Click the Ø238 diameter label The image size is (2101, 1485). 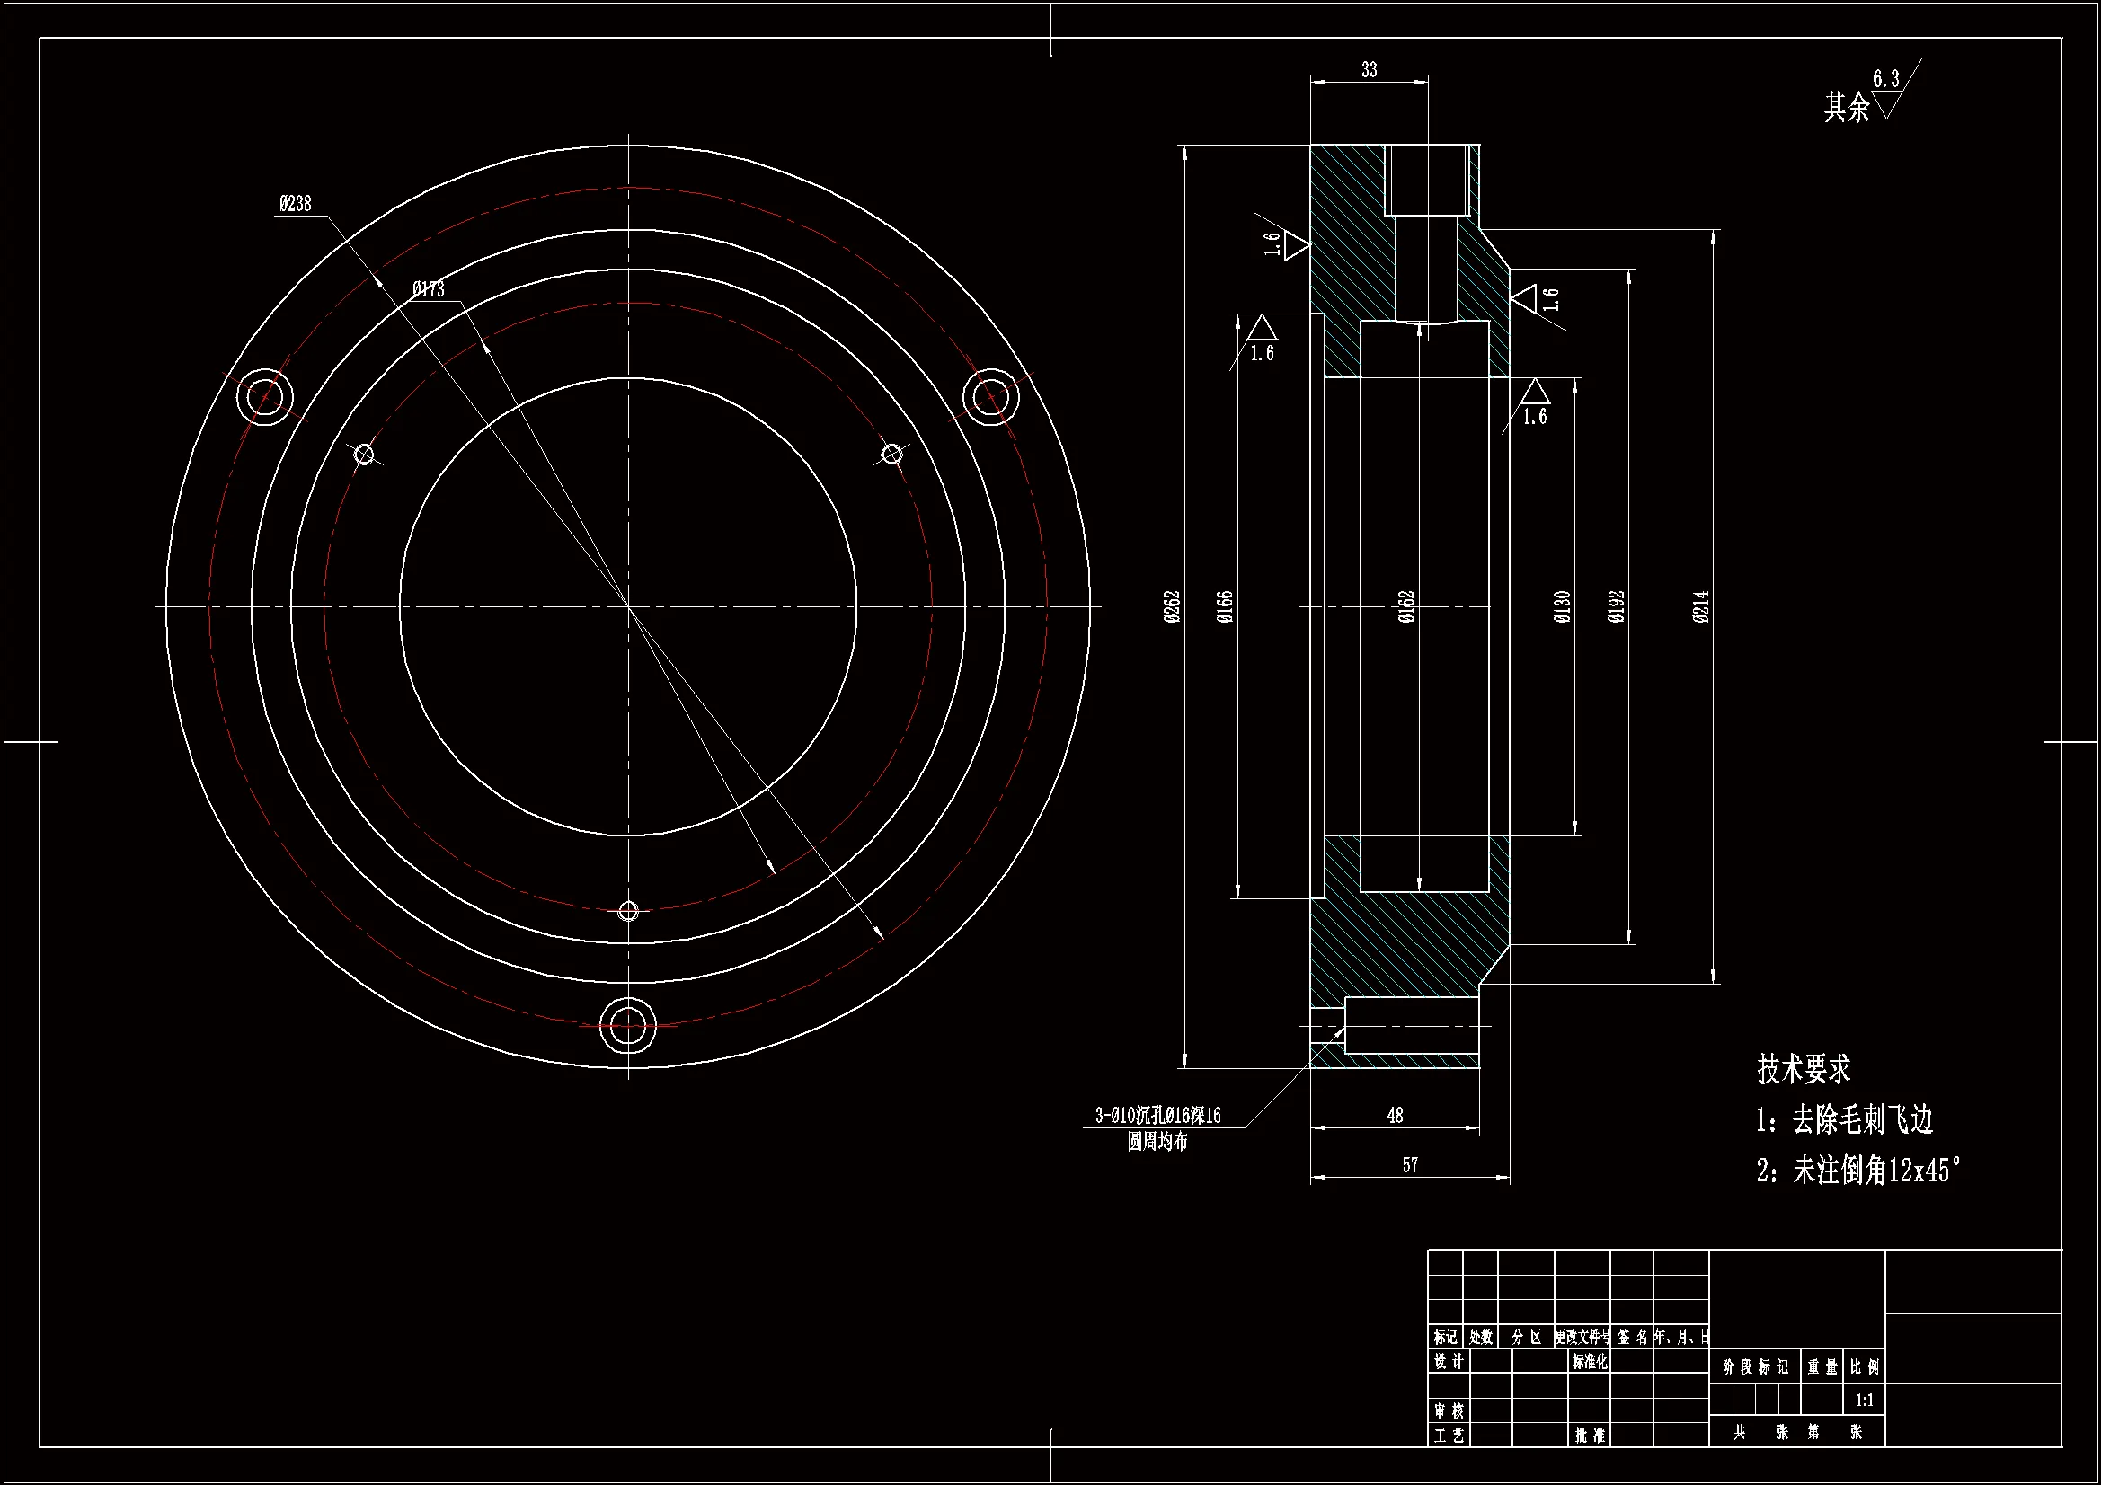click(x=295, y=203)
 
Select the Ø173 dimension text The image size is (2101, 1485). click(x=429, y=289)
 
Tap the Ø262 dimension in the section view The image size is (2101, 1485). click(x=1172, y=606)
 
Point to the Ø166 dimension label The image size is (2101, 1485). click(x=1225, y=606)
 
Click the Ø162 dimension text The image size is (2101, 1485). click(x=1407, y=606)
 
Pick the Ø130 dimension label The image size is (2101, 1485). click(x=1563, y=606)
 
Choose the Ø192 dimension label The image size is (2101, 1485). click(x=1617, y=606)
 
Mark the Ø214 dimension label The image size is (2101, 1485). click(x=1701, y=606)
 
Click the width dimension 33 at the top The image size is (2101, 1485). click(x=1369, y=69)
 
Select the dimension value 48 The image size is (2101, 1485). click(x=1395, y=1115)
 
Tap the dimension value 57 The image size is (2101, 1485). click(x=1410, y=1165)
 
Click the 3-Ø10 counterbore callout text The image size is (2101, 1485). click(x=1157, y=1116)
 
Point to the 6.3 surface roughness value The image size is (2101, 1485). click(x=1885, y=79)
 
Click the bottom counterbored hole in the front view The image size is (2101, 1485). click(x=628, y=1026)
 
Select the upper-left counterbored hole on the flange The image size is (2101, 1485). click(x=265, y=397)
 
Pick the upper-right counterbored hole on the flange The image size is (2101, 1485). click(x=991, y=397)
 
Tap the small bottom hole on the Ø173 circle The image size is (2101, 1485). click(x=628, y=911)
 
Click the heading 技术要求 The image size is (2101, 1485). click(x=1804, y=1069)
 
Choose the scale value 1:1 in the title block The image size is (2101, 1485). click(x=1864, y=1400)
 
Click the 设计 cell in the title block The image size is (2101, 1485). click(x=1448, y=1362)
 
